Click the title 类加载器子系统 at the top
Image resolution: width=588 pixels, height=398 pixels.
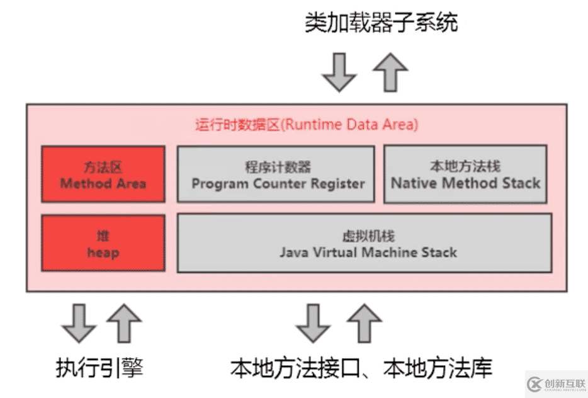pos(381,23)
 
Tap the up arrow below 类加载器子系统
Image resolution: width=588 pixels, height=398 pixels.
pos(390,72)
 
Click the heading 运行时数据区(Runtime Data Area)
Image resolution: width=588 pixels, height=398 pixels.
pos(306,124)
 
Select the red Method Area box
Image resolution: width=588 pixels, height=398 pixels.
pos(103,174)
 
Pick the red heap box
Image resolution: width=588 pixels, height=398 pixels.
pos(103,244)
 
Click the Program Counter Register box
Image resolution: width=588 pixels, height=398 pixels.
pos(276,174)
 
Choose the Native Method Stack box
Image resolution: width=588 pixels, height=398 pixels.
pos(465,174)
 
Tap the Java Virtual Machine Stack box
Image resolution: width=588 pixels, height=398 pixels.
pos(365,244)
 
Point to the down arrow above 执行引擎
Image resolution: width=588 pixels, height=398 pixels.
pos(79,322)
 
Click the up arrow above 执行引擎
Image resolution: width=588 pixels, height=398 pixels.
pos(124,322)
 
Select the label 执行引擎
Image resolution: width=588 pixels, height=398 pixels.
pos(99,367)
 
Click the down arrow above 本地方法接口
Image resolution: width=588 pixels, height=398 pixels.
pos(313,322)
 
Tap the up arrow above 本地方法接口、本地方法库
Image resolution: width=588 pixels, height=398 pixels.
pos(364,322)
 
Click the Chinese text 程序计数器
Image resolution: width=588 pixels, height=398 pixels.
pos(278,168)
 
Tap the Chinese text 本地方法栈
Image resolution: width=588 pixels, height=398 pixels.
pos(465,166)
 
